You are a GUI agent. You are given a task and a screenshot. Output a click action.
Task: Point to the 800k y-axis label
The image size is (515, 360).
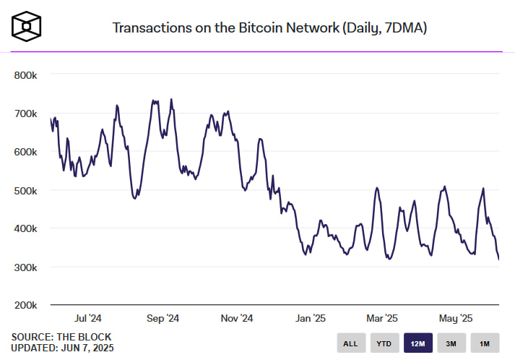point(27,75)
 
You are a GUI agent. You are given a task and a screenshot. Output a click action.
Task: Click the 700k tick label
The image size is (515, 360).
point(27,113)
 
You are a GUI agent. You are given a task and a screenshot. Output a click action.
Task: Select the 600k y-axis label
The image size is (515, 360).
point(27,152)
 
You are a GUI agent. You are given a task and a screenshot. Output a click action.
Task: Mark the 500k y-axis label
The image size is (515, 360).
point(27,190)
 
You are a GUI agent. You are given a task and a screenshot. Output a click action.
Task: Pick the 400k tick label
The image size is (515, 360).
point(27,228)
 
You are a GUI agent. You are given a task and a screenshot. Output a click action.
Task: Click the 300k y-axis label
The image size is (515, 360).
point(27,267)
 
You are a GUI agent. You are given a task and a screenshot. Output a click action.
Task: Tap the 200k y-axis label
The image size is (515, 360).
point(27,305)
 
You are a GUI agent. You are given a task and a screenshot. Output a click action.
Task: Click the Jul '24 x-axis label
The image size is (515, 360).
point(88,318)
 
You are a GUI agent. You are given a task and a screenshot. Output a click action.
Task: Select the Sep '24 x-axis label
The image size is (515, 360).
point(163,318)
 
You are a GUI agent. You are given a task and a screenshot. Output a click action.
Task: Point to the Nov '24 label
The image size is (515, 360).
point(237,318)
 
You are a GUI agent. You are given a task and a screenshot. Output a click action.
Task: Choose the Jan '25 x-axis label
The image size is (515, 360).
point(311,318)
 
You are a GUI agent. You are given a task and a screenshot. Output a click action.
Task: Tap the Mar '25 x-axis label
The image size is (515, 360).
point(382,318)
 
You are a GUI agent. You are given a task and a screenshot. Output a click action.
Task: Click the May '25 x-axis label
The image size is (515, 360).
point(456,318)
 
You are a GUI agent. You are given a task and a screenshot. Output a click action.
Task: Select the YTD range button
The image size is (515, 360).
point(384,343)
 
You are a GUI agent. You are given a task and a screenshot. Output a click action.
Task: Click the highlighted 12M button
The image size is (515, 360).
point(417,343)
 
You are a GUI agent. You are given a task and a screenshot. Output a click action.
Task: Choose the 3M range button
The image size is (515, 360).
point(451,343)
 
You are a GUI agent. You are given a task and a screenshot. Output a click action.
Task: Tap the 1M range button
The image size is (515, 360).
point(484,343)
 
